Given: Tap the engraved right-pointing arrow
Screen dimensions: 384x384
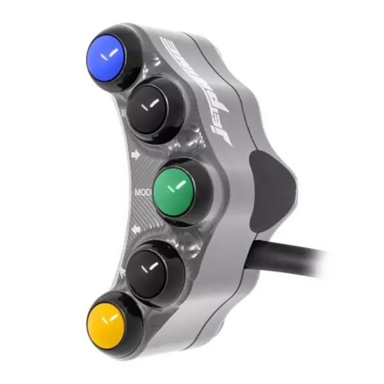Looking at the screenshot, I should coord(135,154).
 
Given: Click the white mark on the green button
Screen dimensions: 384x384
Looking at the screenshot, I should coord(174,187).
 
